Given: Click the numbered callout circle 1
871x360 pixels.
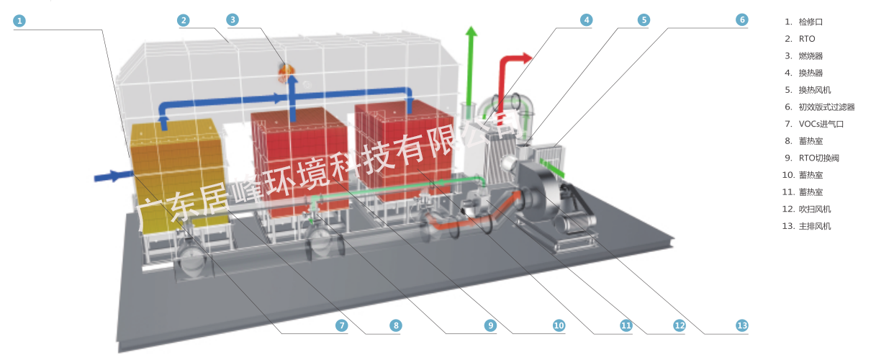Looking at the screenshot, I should coord(19,21).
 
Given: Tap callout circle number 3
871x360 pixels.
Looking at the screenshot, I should coord(233,20).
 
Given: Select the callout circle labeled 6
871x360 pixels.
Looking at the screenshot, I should coord(741,20).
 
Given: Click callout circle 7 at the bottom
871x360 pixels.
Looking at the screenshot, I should coord(342,325).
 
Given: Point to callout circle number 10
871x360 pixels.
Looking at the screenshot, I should coord(559,325).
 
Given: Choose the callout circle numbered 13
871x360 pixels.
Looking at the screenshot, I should coord(742,325).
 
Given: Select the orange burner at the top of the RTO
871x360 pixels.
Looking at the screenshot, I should coord(286,69).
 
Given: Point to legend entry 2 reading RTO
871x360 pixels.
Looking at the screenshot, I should coord(806,39).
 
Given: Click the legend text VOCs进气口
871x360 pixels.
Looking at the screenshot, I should coord(821,124).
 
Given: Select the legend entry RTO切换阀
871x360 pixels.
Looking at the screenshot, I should coord(818,158).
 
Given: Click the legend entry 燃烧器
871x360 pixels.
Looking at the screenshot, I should coord(810,55).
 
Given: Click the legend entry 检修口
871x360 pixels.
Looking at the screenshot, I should coord(810,22).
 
